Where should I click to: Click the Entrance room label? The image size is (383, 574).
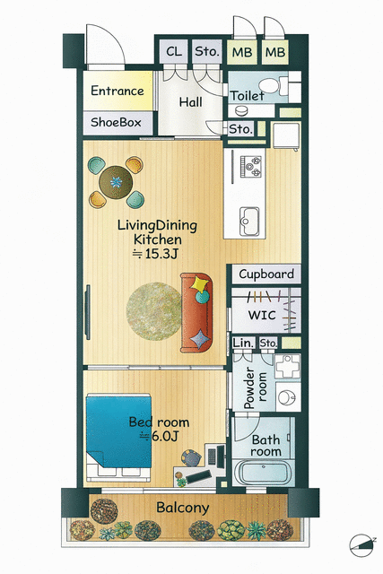pyautogui.click(x=118, y=91)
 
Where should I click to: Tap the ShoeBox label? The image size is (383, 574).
pyautogui.click(x=116, y=122)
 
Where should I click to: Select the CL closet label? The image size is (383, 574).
pyautogui.click(x=174, y=52)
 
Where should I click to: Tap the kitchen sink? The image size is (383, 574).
pyautogui.click(x=249, y=222)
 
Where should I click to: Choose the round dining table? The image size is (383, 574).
pyautogui.click(x=116, y=182)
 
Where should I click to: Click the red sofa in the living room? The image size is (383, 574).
pyautogui.click(x=196, y=313)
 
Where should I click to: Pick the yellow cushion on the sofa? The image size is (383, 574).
pyautogui.click(x=200, y=283)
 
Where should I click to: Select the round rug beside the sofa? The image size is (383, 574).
pyautogui.click(x=153, y=311)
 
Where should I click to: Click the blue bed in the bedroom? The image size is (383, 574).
pyautogui.click(x=119, y=431)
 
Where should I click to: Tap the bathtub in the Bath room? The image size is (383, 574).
pyautogui.click(x=264, y=473)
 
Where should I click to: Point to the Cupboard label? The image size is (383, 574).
pyautogui.click(x=266, y=274)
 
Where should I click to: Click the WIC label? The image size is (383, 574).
pyautogui.click(x=262, y=315)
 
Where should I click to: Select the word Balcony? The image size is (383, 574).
pyautogui.click(x=183, y=508)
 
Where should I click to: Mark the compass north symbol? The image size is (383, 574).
pyautogui.click(x=361, y=545)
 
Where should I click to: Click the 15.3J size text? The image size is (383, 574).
pyautogui.click(x=156, y=254)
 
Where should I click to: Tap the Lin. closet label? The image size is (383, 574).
pyautogui.click(x=243, y=344)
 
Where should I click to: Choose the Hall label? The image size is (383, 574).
pyautogui.click(x=190, y=102)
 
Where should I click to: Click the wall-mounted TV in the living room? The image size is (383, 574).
pyautogui.click(x=88, y=312)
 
